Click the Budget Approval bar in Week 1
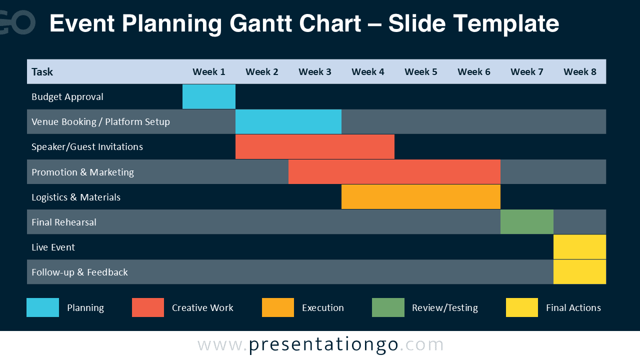[209, 96]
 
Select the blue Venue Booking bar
[288, 121]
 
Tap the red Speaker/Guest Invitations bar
[315, 146]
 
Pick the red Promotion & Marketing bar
[394, 171]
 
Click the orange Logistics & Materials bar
[421, 196]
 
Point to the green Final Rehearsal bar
[527, 221]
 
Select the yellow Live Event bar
[579, 247]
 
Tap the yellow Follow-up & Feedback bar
[579, 271]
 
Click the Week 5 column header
[421, 71]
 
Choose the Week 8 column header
[579, 71]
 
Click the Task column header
[42, 71]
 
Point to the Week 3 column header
[315, 71]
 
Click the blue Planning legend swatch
[43, 307]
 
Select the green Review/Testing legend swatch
[388, 307]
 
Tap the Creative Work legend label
[202, 307]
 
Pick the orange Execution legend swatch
[278, 307]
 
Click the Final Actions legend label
[573, 307]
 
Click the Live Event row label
[53, 247]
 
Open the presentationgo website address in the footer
[320, 344]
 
